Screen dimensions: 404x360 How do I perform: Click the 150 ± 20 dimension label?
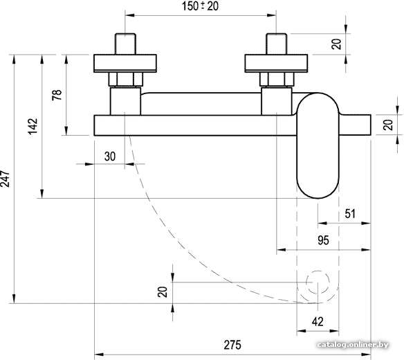coord(200,6)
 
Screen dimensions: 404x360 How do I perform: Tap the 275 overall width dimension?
coord(232,345)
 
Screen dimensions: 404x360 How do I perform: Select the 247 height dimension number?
coord(5,179)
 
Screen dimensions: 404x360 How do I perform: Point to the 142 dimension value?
coord(33,127)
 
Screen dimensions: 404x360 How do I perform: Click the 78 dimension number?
coord(57,95)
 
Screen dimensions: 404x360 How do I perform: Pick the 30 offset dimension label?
coord(110,156)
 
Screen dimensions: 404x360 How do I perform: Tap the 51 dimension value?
coord(350,214)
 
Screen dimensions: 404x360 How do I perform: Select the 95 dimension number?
coord(323,240)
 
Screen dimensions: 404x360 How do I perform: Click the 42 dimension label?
coord(318,321)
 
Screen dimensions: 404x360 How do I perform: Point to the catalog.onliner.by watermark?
coord(353,345)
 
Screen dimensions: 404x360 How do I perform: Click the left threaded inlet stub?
coord(125,44)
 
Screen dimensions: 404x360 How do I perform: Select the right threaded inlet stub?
coord(276,44)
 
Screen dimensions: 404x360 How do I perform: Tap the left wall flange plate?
coord(125,64)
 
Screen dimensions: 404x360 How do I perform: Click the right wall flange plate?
coord(276,64)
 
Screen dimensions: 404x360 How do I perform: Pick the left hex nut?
coord(125,80)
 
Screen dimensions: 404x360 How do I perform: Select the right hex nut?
coord(277,80)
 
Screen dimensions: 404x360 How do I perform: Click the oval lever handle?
coord(318,145)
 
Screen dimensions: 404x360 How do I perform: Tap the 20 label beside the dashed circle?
coord(163,292)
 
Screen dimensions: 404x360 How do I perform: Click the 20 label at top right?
coord(336,44)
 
